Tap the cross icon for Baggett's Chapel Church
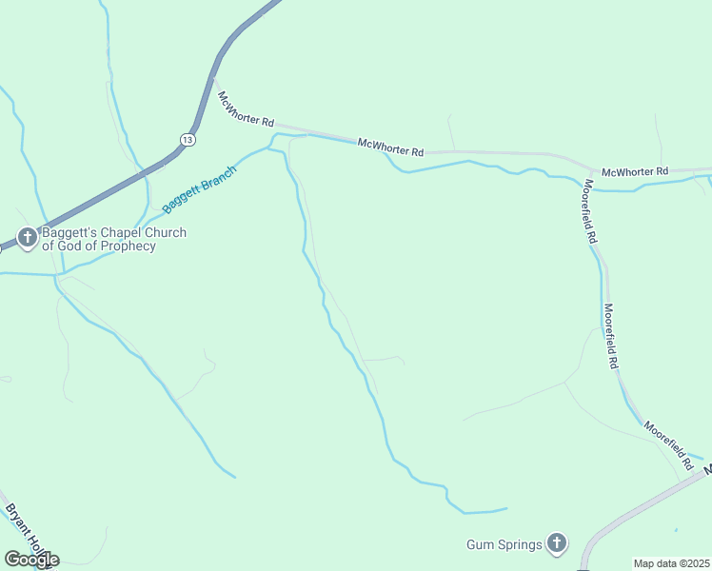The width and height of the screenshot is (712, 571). click(x=28, y=237)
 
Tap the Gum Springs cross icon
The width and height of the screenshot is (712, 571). click(x=558, y=544)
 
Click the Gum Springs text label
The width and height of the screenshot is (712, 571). click(x=504, y=544)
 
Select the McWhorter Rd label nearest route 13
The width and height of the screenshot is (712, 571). click(x=246, y=110)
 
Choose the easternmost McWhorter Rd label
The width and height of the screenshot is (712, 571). click(x=636, y=171)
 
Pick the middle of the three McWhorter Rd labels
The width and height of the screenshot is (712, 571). click(x=390, y=148)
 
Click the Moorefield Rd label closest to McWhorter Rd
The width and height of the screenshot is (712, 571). click(x=590, y=211)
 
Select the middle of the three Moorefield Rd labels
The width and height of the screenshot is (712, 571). click(x=610, y=337)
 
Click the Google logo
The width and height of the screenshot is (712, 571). click(x=30, y=560)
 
